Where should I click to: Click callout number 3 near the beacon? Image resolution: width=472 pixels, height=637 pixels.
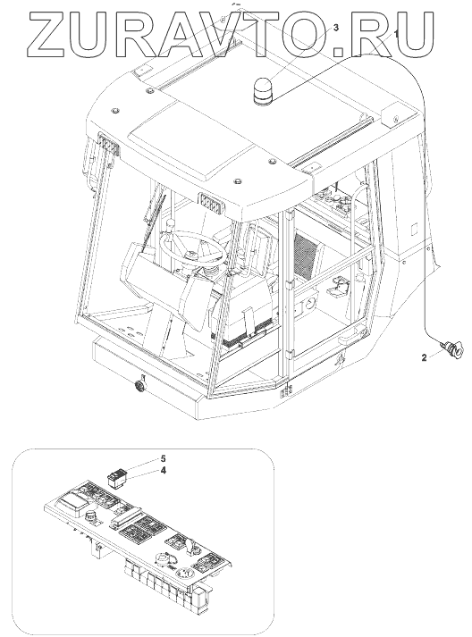[336, 28]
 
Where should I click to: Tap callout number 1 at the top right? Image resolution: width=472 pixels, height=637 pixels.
[397, 33]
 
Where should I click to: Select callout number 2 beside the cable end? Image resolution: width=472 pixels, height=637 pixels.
[424, 358]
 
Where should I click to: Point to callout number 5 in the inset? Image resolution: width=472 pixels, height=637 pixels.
[163, 458]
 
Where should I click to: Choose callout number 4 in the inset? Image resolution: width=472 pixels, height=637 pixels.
[163, 471]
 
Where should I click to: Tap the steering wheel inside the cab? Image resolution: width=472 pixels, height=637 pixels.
[192, 247]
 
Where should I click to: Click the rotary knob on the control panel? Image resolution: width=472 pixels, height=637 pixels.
[89, 517]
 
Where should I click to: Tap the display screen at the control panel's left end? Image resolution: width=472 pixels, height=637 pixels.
[71, 502]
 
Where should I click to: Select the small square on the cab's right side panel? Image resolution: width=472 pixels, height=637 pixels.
[414, 229]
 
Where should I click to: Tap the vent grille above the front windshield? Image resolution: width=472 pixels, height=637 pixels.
[211, 203]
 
